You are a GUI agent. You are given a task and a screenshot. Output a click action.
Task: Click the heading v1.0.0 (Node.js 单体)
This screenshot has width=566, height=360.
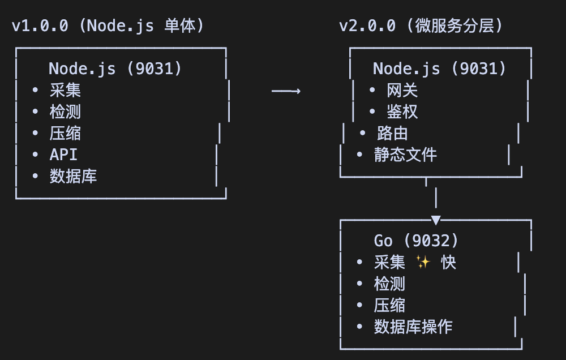click(108, 26)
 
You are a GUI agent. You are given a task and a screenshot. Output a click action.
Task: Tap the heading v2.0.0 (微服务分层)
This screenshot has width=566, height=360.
click(421, 26)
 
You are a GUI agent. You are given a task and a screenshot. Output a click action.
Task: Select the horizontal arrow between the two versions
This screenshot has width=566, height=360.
click(286, 91)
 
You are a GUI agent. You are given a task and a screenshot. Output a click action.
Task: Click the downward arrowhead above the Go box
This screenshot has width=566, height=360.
click(435, 220)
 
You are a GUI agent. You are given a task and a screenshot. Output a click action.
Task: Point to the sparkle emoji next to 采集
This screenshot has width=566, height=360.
click(423, 262)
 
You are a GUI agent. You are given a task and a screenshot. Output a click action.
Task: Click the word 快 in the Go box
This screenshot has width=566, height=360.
click(449, 263)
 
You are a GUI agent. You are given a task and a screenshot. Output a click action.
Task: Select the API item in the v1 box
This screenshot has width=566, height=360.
click(63, 155)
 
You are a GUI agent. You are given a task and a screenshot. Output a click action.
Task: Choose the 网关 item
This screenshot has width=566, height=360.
click(402, 91)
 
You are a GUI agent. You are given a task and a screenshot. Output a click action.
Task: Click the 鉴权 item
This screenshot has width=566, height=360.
click(402, 112)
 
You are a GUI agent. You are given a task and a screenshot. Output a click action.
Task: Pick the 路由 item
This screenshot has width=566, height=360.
click(392, 134)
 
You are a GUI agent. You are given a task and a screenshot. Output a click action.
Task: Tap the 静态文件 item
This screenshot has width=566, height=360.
click(405, 155)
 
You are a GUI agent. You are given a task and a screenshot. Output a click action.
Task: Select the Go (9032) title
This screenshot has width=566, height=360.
click(416, 241)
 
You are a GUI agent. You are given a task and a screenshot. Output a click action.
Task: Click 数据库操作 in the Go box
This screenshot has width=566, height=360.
click(413, 327)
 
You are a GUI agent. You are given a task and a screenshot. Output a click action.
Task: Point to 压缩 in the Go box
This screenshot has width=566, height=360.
click(389, 305)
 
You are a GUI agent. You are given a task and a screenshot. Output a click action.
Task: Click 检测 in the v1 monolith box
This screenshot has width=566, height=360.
click(65, 112)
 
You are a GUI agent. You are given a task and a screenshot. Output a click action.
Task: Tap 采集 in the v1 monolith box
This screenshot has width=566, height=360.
click(65, 91)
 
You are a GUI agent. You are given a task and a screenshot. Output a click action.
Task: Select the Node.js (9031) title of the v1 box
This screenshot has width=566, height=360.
click(115, 69)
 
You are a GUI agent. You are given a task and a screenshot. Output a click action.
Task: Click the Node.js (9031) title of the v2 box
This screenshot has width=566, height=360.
click(439, 69)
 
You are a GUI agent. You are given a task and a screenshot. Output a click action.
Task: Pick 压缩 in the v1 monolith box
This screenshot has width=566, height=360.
click(65, 134)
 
